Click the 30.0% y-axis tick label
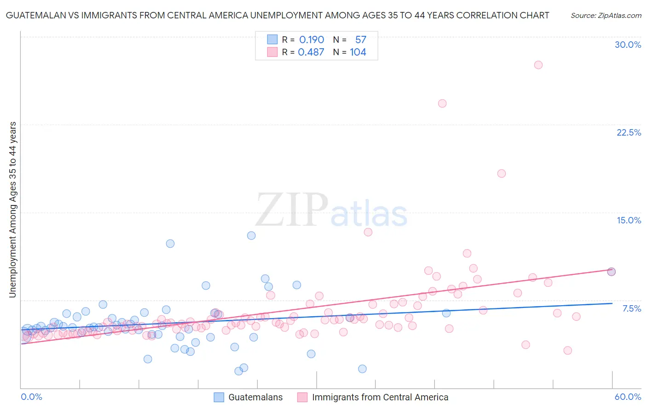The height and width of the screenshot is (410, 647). click(x=628, y=45)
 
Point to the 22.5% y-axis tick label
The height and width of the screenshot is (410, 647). click(x=629, y=132)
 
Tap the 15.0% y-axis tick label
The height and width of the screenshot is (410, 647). click(x=629, y=220)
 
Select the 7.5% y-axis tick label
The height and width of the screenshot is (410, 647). click(x=631, y=308)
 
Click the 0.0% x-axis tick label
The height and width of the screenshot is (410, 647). click(x=31, y=397)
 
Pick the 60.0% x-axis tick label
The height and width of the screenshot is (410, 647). click(x=628, y=397)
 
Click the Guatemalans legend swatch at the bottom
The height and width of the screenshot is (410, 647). click(x=219, y=397)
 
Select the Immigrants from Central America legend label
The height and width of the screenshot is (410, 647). click(x=380, y=397)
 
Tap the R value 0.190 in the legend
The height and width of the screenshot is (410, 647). click(x=312, y=40)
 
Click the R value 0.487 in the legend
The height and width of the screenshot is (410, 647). click(x=311, y=52)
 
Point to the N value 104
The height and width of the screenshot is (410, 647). click(x=358, y=52)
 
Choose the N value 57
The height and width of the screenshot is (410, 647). click(x=361, y=40)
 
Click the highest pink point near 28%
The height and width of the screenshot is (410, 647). click(x=538, y=65)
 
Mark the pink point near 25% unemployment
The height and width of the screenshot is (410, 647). click(x=442, y=103)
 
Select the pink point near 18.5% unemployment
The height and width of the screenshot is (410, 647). click(x=502, y=173)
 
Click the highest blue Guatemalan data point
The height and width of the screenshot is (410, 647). click(x=251, y=235)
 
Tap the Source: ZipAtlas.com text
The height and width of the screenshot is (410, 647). click(x=606, y=15)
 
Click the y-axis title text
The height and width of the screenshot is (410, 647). click(x=12, y=209)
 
